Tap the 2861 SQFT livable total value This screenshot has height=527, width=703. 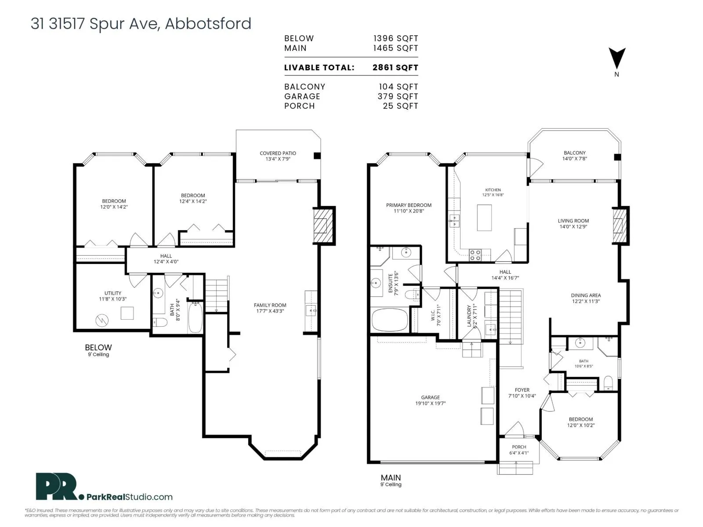(395, 68)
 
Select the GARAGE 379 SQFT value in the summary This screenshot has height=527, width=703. (398, 96)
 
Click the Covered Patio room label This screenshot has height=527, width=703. (278, 156)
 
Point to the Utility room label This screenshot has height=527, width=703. (113, 296)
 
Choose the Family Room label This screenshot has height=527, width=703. (270, 308)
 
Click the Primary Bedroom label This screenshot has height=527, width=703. (409, 208)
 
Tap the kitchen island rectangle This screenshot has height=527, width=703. (484, 217)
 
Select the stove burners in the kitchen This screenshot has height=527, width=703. (475, 255)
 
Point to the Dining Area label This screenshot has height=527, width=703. (586, 298)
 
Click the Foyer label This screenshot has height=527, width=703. (522, 393)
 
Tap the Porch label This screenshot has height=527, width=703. (519, 450)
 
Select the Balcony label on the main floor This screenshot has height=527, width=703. (575, 155)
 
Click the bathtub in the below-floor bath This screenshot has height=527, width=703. (195, 318)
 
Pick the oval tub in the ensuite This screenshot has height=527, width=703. (390, 320)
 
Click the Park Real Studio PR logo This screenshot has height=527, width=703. (56, 486)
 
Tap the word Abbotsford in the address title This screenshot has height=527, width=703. (208, 24)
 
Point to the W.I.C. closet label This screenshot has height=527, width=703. (436, 315)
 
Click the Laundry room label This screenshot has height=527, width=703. (472, 316)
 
